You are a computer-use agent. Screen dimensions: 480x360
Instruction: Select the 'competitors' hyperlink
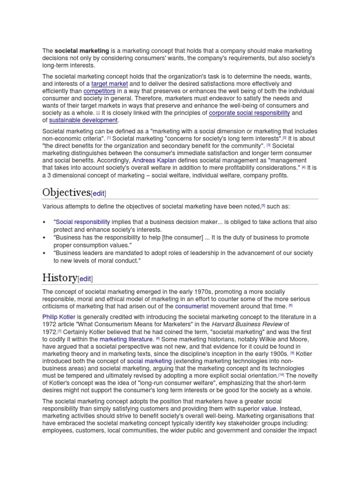pyautogui.click(x=99, y=91)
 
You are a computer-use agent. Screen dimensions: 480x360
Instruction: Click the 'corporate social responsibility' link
pyautogui.click(x=249, y=113)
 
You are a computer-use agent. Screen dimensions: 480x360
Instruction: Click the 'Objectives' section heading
pyautogui.click(x=66, y=193)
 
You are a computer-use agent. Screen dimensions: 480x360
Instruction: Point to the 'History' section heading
pyautogui.click(x=60, y=278)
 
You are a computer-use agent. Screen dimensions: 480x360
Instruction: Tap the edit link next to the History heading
pyautogui.click(x=85, y=279)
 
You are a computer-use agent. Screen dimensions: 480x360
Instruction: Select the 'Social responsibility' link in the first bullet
pyautogui.click(x=83, y=222)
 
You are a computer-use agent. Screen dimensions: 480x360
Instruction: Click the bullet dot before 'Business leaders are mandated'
pyautogui.click(x=44, y=253)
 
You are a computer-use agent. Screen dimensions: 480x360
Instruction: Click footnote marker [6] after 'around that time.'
pyautogui.click(x=291, y=306)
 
